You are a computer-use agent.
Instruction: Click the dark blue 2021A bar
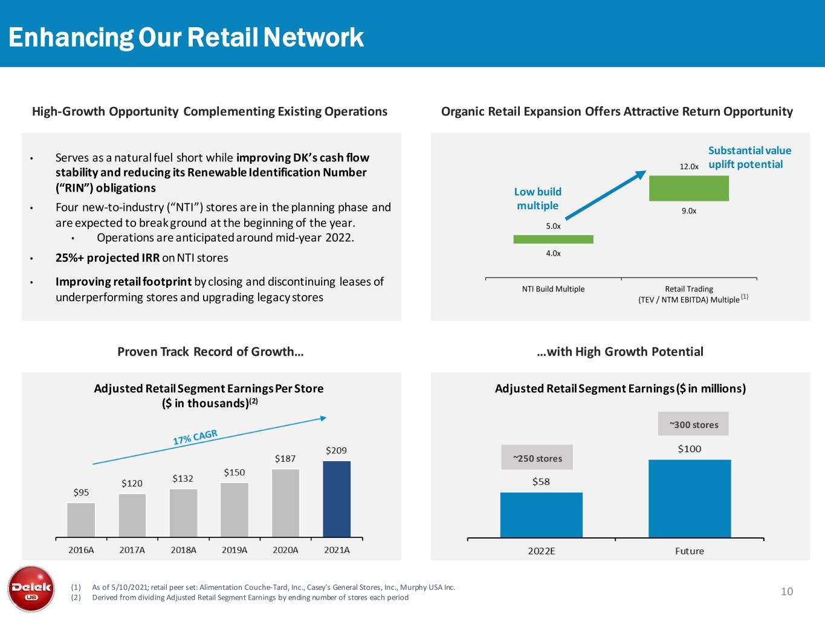[x=337, y=499]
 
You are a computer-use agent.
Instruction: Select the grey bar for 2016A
[x=81, y=519]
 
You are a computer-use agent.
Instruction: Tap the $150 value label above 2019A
[x=235, y=472]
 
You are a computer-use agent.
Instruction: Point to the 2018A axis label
[x=183, y=550]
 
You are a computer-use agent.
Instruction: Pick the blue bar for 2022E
[x=541, y=514]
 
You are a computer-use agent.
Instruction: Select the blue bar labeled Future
[x=689, y=498]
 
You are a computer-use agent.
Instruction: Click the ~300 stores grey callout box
[x=693, y=424]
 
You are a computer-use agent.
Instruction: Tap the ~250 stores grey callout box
[x=537, y=458]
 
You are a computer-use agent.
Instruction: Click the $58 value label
[x=541, y=482]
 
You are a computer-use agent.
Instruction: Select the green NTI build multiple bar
[x=553, y=239]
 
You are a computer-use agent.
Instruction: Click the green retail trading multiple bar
[x=688, y=188]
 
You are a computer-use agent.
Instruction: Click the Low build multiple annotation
[x=537, y=198]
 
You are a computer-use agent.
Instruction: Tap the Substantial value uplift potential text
[x=749, y=157]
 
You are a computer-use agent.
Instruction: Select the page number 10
[x=786, y=591]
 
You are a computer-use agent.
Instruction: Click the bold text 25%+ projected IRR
[x=108, y=258]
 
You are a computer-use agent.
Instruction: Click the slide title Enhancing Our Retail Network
[x=186, y=37]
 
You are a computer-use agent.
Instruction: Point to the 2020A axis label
[x=285, y=550]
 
